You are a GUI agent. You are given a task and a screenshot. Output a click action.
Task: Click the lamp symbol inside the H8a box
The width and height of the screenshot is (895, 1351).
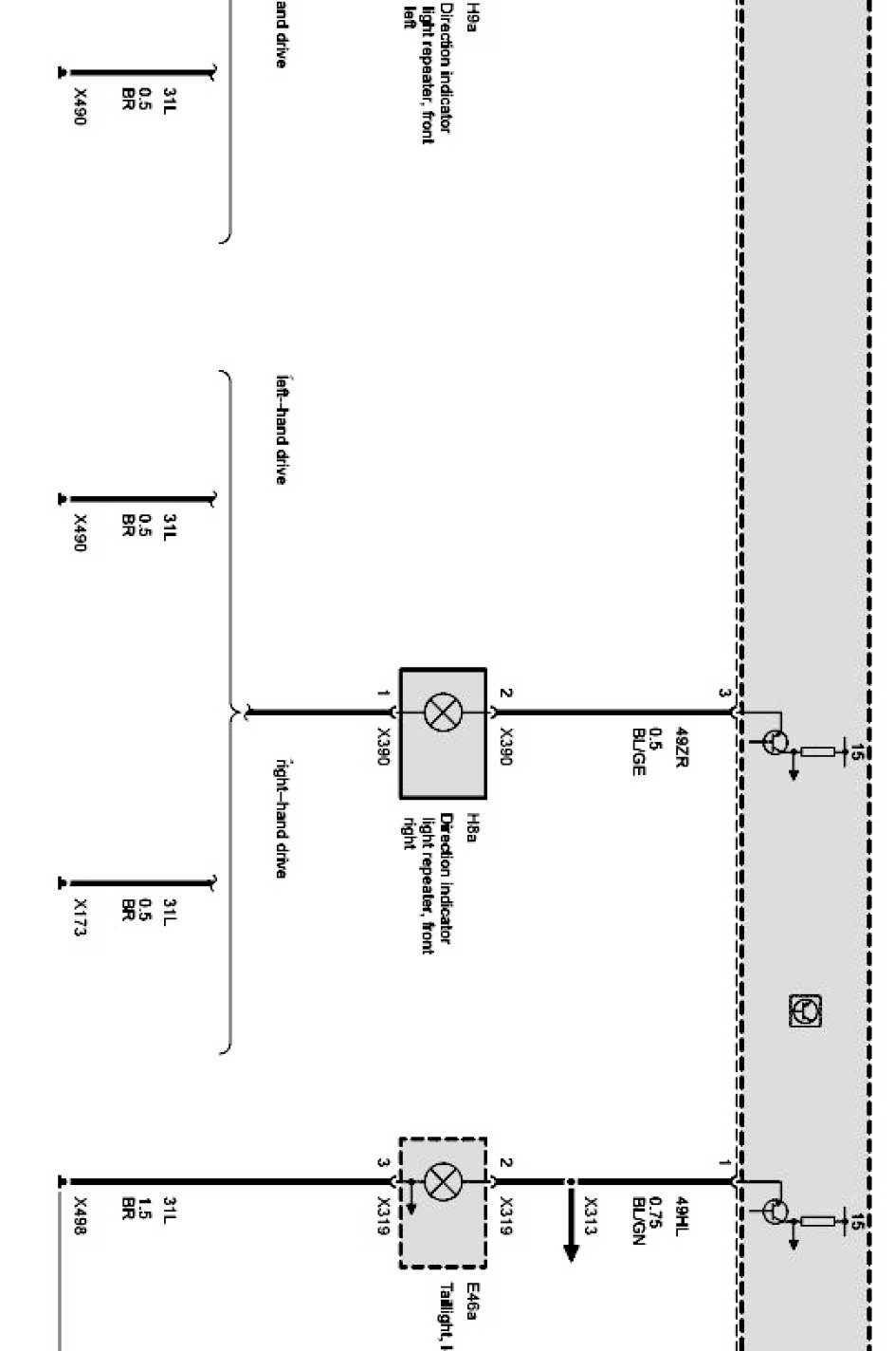pyautogui.click(x=442, y=712)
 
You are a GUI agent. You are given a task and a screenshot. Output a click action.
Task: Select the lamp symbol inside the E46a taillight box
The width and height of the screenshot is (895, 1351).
pyautogui.click(x=442, y=1182)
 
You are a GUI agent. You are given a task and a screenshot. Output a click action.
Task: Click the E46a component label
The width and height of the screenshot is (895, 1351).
pyautogui.click(x=471, y=1303)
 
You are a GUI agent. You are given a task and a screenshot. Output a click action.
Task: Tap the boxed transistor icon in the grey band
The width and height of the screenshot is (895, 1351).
pyautogui.click(x=805, y=1010)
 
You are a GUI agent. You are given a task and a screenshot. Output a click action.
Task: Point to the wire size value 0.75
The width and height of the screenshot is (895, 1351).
pyautogui.click(x=659, y=1218)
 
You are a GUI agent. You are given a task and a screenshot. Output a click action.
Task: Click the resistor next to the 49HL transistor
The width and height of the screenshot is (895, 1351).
pyautogui.click(x=817, y=1221)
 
